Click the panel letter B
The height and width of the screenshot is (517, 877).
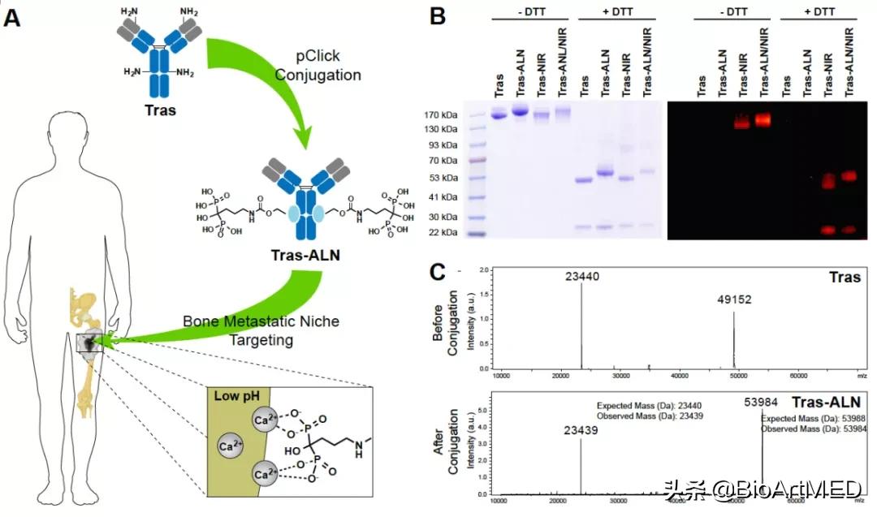437,15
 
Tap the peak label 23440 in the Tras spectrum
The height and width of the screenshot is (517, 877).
582,277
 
